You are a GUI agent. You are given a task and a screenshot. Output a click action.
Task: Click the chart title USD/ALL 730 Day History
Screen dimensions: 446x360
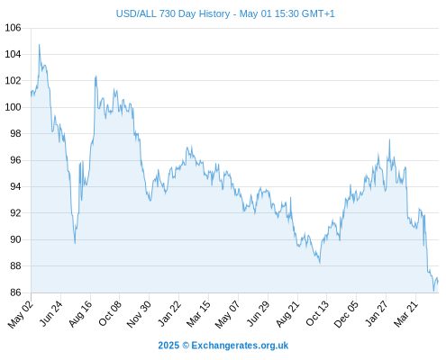click(173, 13)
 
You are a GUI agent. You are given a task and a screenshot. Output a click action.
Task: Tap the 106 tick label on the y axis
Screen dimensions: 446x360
click(13, 28)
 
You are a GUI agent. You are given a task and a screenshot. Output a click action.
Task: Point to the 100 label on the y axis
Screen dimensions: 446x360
click(13, 107)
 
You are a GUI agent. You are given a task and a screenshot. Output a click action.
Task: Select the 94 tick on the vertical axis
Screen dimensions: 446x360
click(13, 186)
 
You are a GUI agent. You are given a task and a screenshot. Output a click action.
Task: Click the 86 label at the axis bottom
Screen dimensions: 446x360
click(13, 292)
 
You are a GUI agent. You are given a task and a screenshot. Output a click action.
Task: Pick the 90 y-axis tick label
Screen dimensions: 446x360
click(13, 239)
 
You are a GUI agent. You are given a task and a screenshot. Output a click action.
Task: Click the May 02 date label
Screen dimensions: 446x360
click(21, 314)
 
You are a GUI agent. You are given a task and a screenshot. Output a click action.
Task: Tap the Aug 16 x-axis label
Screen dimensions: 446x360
click(80, 313)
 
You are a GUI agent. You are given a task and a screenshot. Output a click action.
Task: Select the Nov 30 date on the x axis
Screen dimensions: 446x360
click(139, 314)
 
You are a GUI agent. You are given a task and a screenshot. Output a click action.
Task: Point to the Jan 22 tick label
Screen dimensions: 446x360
click(169, 313)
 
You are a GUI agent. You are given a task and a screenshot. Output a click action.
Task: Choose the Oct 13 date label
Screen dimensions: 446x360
click(317, 313)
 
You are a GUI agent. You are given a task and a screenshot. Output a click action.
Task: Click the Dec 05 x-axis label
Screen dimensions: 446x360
click(346, 314)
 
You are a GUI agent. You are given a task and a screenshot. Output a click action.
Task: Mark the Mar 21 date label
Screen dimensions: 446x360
click(405, 313)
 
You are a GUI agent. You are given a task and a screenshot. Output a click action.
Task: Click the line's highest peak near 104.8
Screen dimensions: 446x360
click(39, 45)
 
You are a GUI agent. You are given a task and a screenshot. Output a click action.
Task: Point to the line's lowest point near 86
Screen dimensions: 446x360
click(433, 291)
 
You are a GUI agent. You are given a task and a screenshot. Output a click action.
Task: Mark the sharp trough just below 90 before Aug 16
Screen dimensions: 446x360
click(75, 243)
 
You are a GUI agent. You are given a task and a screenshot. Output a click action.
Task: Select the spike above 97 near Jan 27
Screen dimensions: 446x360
click(389, 139)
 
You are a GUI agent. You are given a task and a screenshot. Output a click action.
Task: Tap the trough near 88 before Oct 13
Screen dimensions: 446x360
click(320, 263)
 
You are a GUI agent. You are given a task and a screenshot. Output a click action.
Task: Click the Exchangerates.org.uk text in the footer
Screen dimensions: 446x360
click(240, 346)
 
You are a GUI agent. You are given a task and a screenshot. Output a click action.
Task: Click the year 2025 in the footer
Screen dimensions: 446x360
click(168, 346)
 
